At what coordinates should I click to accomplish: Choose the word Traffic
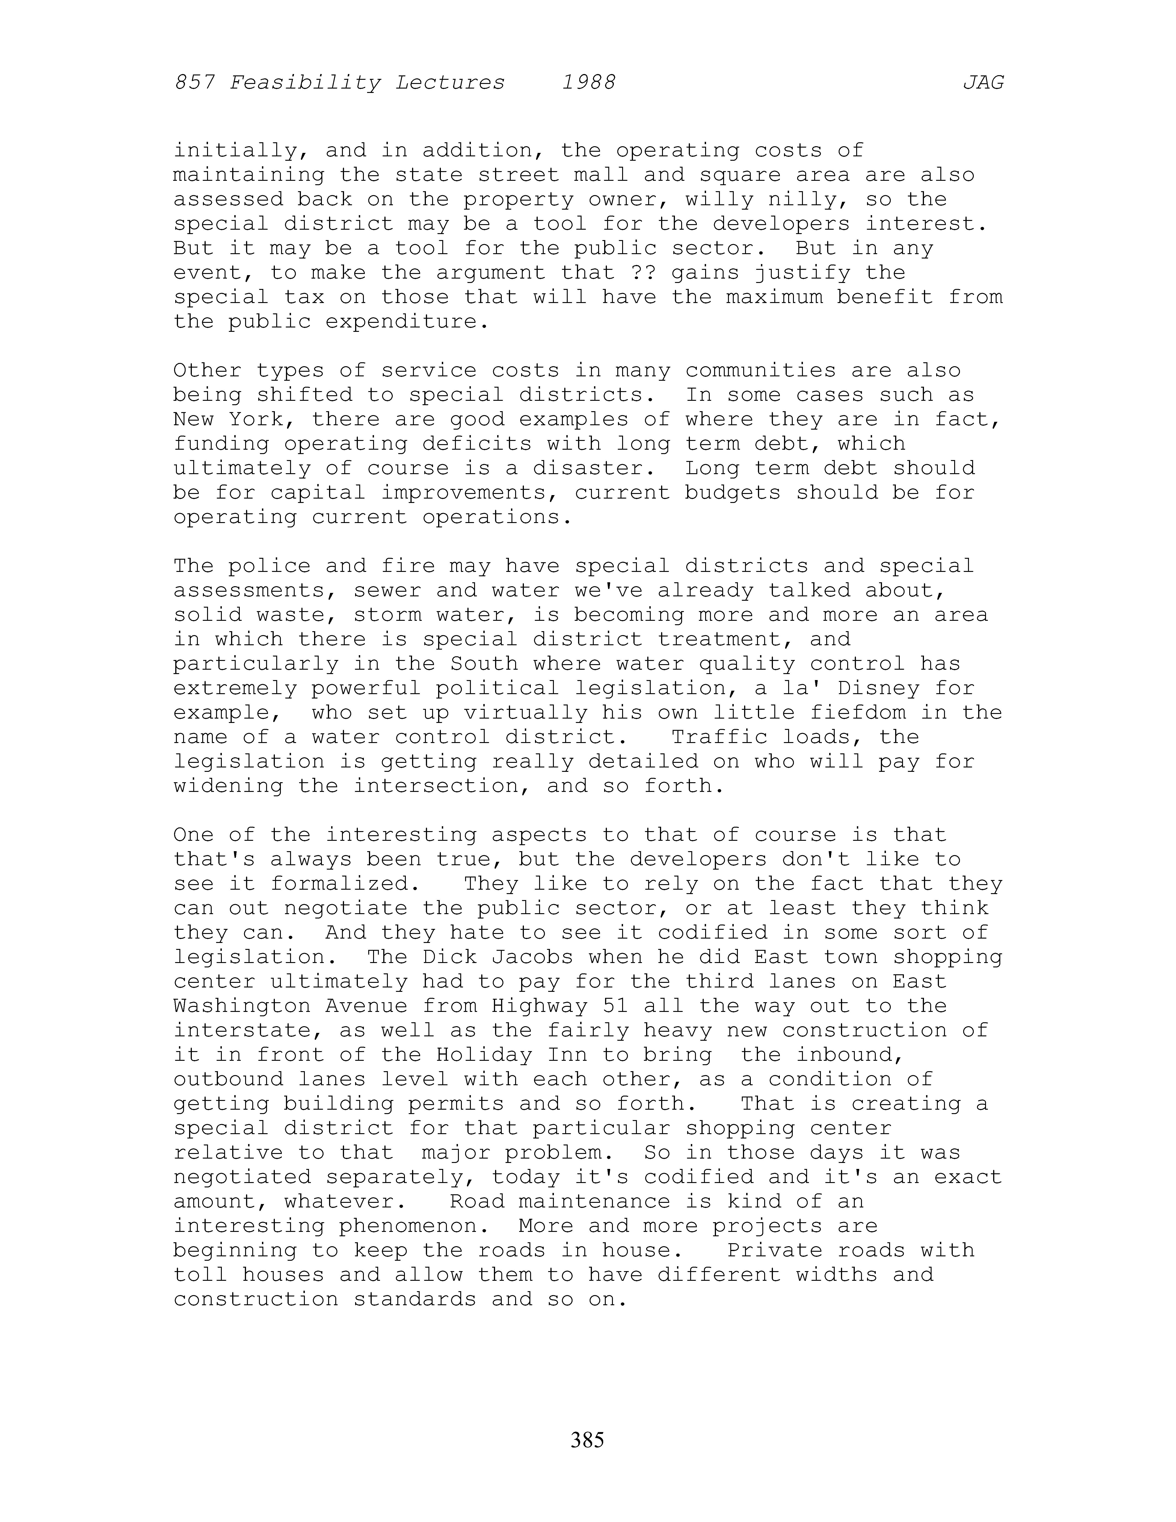[x=719, y=737]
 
